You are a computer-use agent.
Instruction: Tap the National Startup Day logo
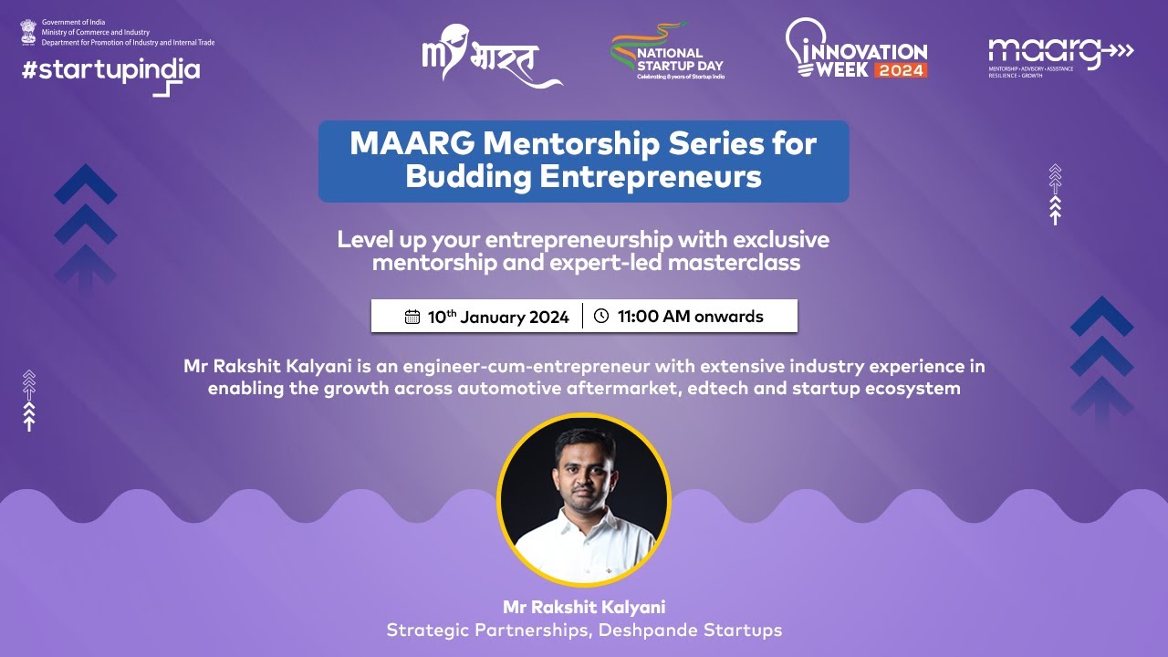[x=668, y=52]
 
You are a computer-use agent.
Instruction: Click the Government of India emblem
[x=27, y=32]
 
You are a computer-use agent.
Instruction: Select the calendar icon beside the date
[x=412, y=318]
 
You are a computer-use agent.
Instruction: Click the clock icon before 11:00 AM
[x=600, y=317]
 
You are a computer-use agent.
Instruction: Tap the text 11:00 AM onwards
[x=690, y=317]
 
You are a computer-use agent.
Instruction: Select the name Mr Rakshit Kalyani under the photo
[x=584, y=607]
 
